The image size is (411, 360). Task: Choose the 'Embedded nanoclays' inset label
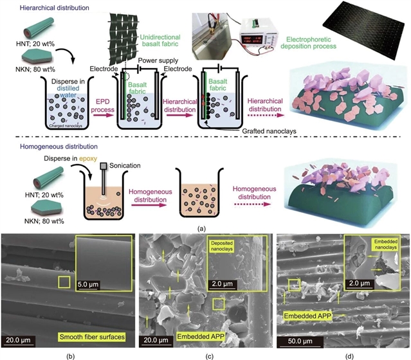point(372,245)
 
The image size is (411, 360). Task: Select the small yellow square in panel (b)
point(62,282)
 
